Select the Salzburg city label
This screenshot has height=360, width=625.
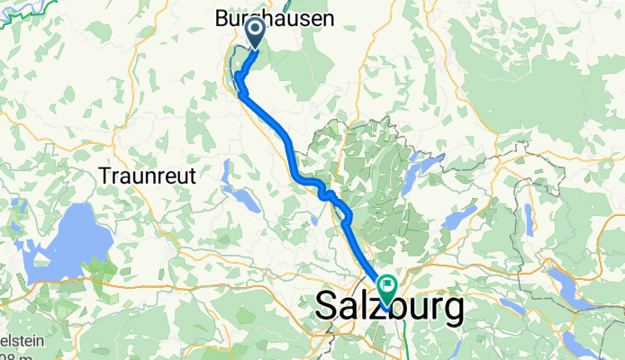pyautogui.click(x=389, y=308)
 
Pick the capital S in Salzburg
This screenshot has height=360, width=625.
pyautogui.click(x=328, y=308)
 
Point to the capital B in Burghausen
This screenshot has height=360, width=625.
pyautogui.click(x=223, y=17)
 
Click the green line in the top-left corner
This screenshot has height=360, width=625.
pyautogui.click(x=18, y=9)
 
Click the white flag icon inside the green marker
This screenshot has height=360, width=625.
pyautogui.click(x=387, y=287)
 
